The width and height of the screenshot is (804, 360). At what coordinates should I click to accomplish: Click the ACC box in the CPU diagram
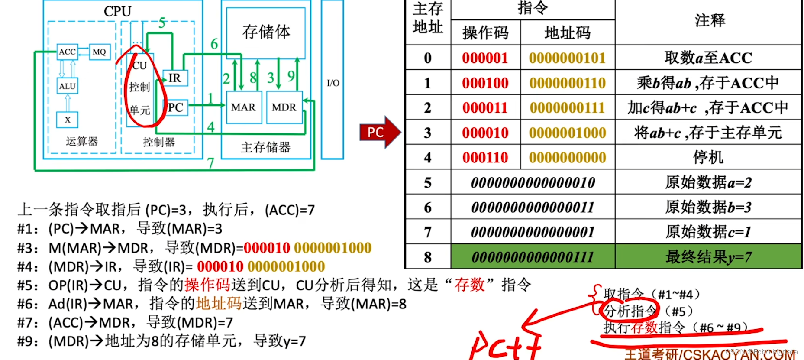point(67,52)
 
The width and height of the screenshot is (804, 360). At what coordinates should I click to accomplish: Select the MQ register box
point(99,52)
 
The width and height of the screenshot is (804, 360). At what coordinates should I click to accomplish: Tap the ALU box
point(67,86)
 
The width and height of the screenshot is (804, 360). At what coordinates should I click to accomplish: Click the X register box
point(67,120)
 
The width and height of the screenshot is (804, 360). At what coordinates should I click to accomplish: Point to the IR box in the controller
point(175,78)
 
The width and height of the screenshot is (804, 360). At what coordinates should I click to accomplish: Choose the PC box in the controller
point(175,107)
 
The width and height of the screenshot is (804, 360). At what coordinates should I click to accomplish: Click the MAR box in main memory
point(243,107)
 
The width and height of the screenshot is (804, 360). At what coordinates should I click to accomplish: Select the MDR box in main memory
point(284,107)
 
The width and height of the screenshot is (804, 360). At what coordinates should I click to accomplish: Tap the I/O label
point(333,83)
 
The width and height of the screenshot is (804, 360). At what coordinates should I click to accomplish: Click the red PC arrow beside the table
point(379,132)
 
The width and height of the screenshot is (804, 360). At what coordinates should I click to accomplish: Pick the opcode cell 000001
point(485,58)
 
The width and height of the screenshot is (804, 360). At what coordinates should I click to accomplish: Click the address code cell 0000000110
point(567,83)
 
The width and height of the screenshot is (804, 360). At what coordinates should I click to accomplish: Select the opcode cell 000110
point(485,157)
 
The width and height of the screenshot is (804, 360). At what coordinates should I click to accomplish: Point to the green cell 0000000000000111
point(533,257)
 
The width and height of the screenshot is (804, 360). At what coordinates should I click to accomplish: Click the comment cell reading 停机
point(708,157)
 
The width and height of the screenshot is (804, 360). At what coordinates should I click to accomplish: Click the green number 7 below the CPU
point(210,163)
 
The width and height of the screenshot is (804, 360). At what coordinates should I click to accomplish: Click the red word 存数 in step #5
point(469,285)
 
